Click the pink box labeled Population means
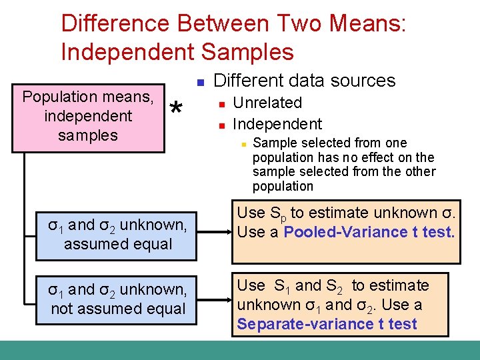point(87,115)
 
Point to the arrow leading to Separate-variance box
point(213,299)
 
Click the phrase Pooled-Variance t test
point(369,232)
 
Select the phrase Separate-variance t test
point(327,324)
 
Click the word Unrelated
point(267,103)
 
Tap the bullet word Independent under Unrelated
point(277,124)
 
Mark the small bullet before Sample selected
point(244,144)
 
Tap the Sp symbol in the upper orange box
point(278,214)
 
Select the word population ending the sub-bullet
point(283,186)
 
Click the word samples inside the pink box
point(87,135)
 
